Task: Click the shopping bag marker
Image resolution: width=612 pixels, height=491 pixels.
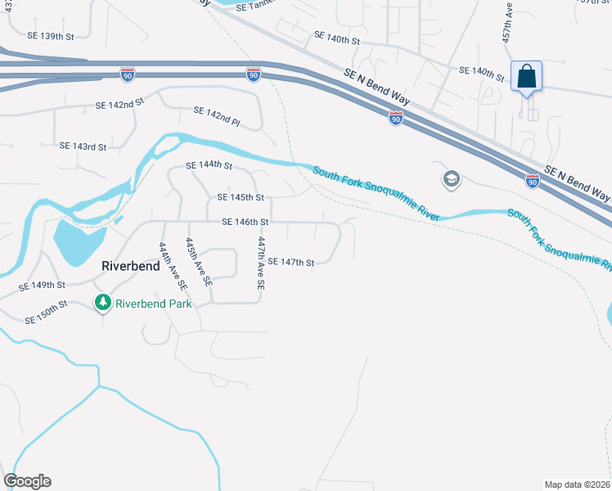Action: (528, 78)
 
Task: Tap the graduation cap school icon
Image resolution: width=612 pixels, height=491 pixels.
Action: (451, 178)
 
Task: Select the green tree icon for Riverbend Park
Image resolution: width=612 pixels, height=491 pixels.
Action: (103, 304)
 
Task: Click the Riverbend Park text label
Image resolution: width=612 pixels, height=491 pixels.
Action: (153, 304)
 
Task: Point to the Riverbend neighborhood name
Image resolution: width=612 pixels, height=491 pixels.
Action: (130, 266)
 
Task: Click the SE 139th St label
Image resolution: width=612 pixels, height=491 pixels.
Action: (52, 36)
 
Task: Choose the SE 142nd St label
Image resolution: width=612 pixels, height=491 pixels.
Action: (119, 105)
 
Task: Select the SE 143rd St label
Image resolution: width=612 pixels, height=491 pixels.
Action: (83, 146)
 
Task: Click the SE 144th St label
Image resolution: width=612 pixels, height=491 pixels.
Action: (209, 165)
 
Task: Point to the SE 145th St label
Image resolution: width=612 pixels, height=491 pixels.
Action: (241, 197)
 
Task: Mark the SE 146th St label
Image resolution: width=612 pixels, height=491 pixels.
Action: (245, 222)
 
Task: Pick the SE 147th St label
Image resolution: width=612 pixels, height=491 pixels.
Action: (291, 262)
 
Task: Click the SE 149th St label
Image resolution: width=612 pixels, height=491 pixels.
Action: (42, 285)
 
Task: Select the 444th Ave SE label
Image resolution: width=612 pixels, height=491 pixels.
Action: (173, 266)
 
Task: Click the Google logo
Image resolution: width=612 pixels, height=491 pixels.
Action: (27, 481)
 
